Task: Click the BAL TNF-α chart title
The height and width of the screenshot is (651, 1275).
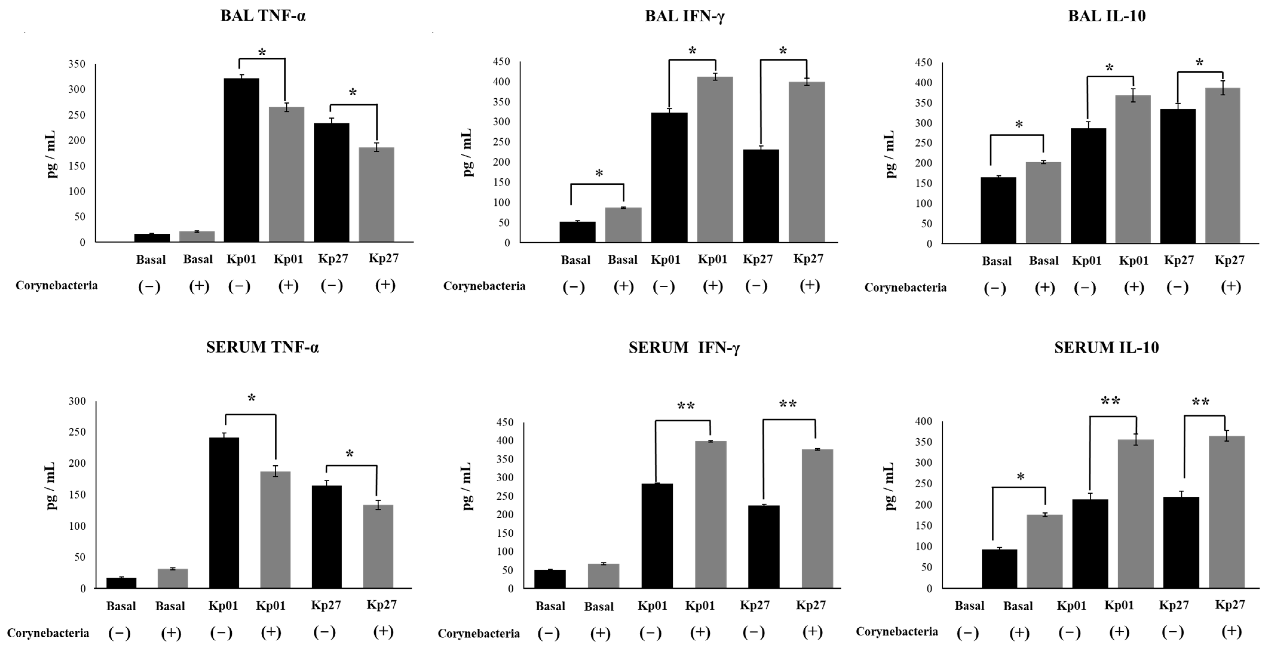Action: click(263, 16)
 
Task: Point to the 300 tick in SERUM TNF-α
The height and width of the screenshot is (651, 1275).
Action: click(77, 401)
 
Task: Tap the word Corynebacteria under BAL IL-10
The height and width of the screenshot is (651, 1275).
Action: click(905, 288)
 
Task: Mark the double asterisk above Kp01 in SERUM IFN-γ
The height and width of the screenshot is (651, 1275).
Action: click(686, 407)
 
